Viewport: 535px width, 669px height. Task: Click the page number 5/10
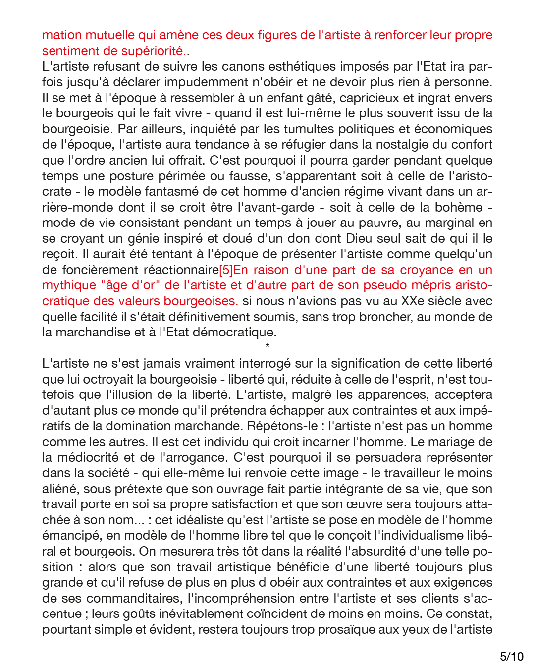511,657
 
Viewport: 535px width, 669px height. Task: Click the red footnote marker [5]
226,270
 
